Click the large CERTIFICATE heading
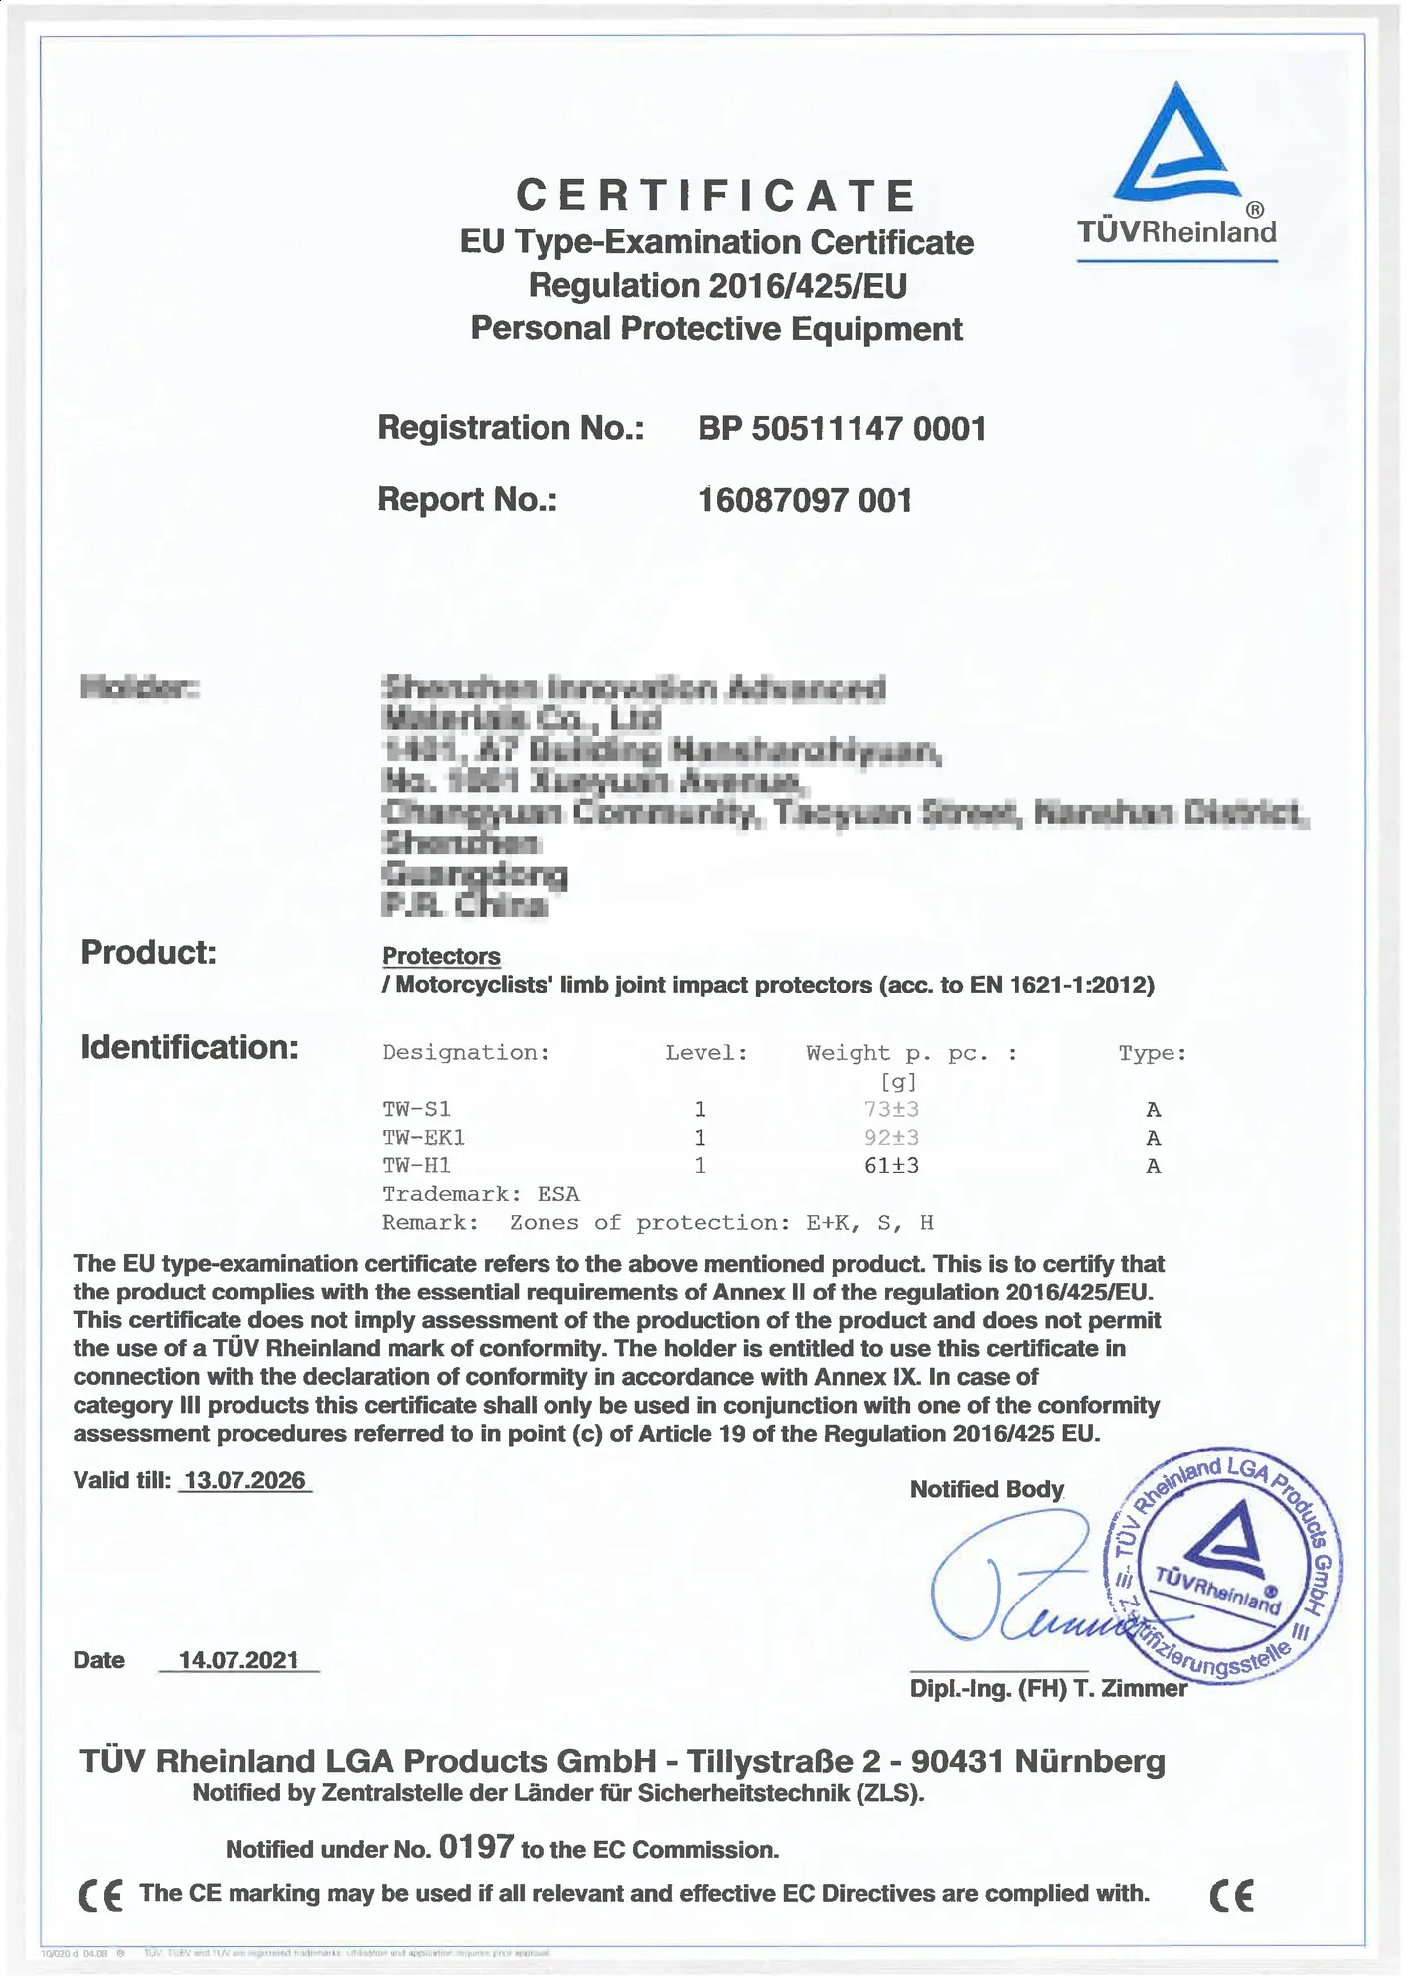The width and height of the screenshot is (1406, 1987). pyautogui.click(x=715, y=195)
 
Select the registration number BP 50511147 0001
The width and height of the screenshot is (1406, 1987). pyautogui.click(x=842, y=429)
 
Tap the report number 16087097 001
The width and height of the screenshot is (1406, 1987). pyautogui.click(x=805, y=499)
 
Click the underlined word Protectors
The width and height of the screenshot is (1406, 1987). pyautogui.click(x=441, y=956)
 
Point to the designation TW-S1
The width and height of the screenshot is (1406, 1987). pyautogui.click(x=416, y=1109)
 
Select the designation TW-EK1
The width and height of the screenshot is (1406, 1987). pyautogui.click(x=423, y=1138)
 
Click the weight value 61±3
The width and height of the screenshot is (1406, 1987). pyautogui.click(x=891, y=1166)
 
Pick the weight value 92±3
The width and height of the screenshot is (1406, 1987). pyautogui.click(x=891, y=1138)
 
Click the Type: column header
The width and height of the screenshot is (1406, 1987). pyautogui.click(x=1153, y=1053)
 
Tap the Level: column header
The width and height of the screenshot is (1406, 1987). pyautogui.click(x=706, y=1053)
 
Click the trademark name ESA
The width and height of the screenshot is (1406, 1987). pyautogui.click(x=558, y=1194)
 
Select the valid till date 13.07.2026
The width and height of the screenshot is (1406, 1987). pyautogui.click(x=244, y=1480)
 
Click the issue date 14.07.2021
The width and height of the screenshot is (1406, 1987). pyautogui.click(x=238, y=1660)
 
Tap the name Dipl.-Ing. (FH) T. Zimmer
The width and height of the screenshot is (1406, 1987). pyautogui.click(x=1048, y=1689)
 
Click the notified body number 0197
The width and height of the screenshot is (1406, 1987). pyautogui.click(x=476, y=1847)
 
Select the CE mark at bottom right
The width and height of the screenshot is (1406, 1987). pyautogui.click(x=1232, y=1896)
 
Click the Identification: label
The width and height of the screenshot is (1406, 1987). pyautogui.click(x=190, y=1047)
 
